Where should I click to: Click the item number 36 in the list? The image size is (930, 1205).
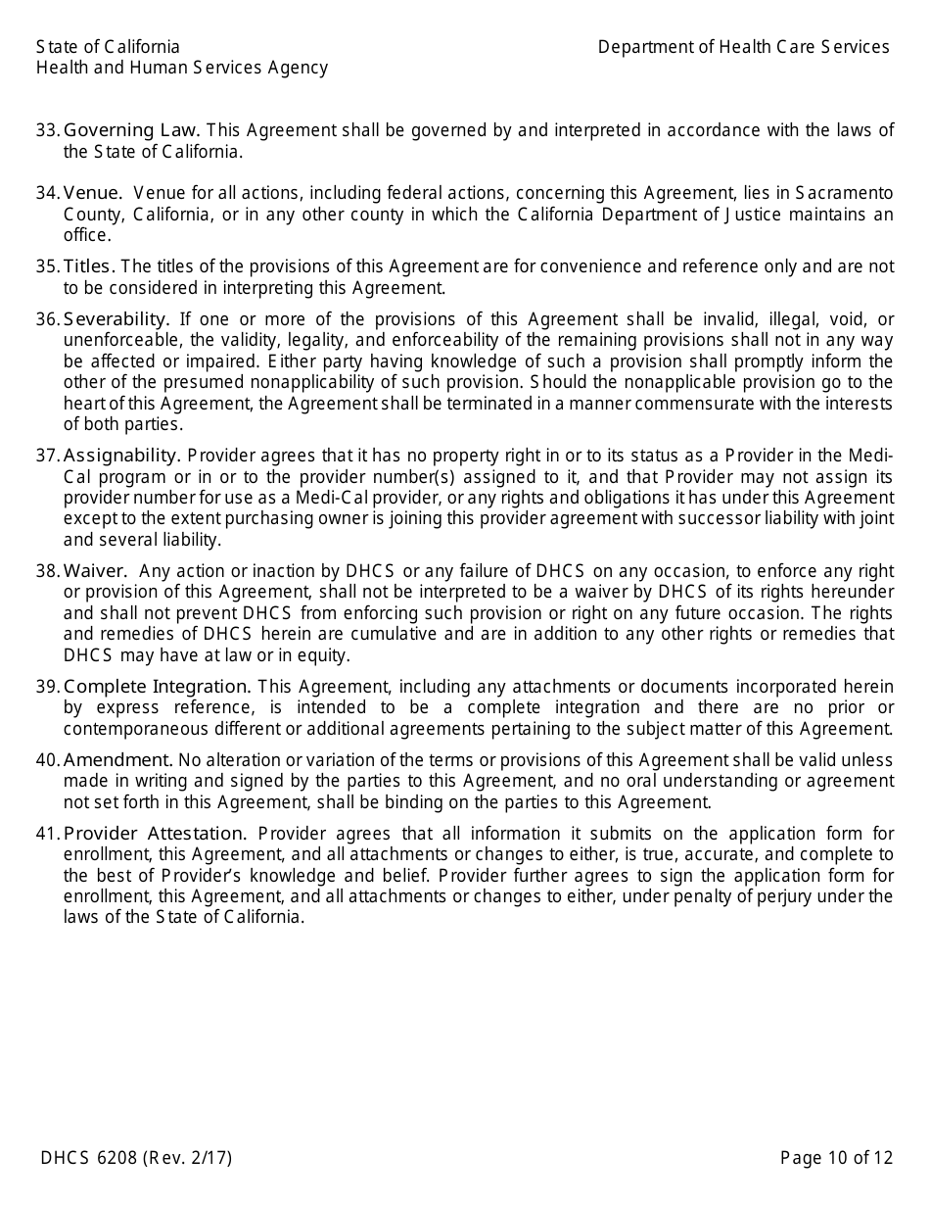click(x=47, y=319)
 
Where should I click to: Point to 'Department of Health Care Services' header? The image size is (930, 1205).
click(x=743, y=47)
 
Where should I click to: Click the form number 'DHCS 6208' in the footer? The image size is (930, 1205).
click(x=89, y=1158)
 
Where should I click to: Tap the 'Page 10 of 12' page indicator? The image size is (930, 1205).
click(x=836, y=1158)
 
